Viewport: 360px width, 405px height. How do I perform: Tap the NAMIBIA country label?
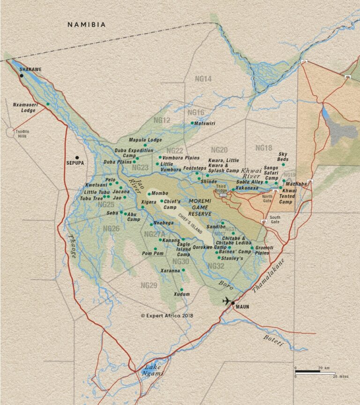[87, 24]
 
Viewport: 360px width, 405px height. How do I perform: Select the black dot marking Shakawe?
[22, 76]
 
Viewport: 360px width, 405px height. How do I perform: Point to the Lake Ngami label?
[154, 370]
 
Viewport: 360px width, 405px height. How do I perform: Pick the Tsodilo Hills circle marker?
[11, 132]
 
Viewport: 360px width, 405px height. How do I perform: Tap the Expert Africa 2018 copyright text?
[167, 316]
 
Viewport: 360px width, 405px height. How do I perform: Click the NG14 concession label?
[202, 79]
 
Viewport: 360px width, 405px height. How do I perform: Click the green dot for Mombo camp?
[149, 193]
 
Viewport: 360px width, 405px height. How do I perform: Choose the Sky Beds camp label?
[283, 157]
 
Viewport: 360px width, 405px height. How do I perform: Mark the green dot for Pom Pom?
[155, 249]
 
